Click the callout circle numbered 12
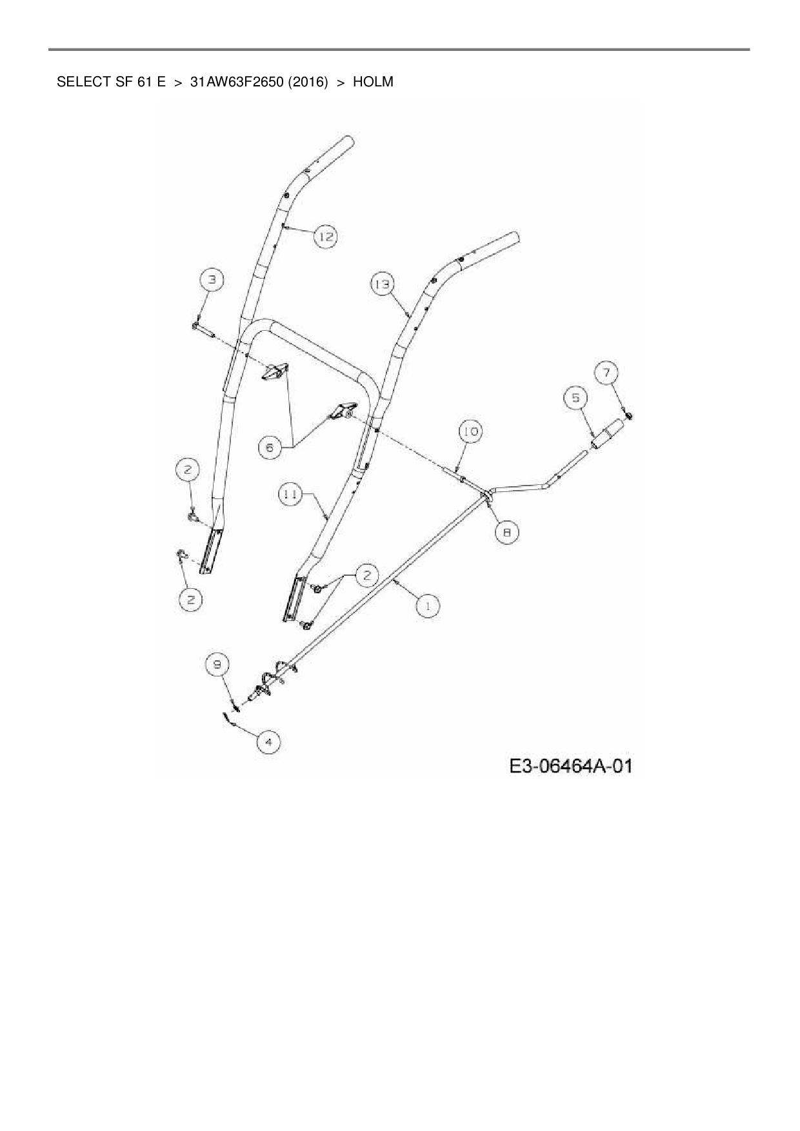pos(326,237)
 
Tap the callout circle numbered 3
pos(212,280)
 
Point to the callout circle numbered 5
pos(575,398)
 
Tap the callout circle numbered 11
pos(291,495)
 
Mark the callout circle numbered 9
pos(217,663)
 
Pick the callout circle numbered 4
pos(269,742)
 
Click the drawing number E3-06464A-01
pos(570,766)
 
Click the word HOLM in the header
pos(373,82)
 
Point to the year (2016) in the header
pos(307,82)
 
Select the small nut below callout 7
pos(630,416)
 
